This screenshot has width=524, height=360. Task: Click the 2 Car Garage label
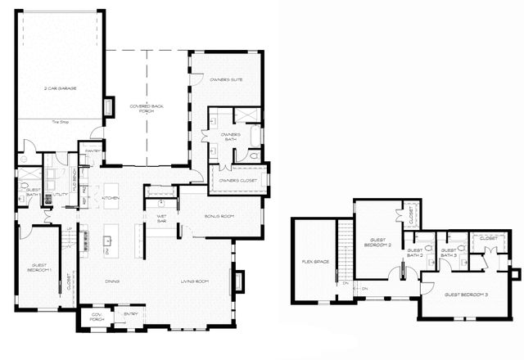tap(61, 88)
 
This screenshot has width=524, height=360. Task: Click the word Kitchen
tap(111, 198)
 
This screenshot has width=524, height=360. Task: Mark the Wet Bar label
tap(162, 218)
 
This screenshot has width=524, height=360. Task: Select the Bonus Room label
tap(219, 216)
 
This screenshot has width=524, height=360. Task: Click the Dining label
tap(112, 281)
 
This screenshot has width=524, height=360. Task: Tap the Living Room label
tap(196, 281)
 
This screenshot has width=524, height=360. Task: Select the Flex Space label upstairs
tap(315, 262)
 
